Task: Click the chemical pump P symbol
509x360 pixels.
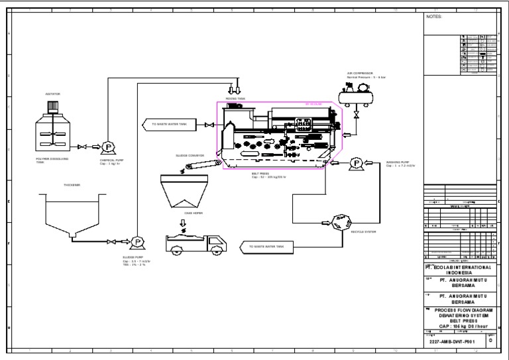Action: point(105,147)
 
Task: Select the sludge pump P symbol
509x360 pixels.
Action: point(139,242)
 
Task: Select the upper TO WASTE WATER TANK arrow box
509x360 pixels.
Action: point(170,124)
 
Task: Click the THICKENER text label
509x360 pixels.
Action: point(71,185)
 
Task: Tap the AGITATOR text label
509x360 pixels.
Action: point(52,94)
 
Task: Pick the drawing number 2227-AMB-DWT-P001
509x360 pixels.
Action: point(453,343)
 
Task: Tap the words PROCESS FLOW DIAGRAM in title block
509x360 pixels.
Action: point(461,310)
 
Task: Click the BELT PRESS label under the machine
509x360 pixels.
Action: point(259,174)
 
